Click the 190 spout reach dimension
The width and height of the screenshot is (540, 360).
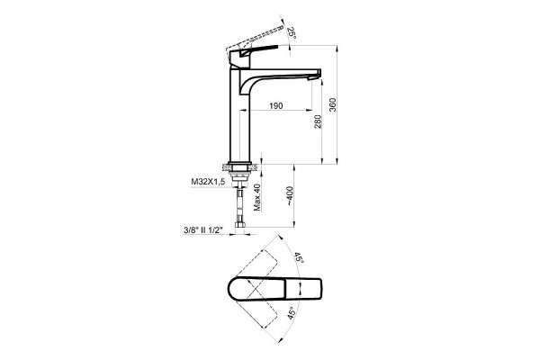(276, 106)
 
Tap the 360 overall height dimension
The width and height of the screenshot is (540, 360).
(332, 104)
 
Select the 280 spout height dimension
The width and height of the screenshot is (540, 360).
(318, 121)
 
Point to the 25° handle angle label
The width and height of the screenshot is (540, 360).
(291, 32)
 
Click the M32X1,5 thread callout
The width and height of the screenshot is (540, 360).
(208, 182)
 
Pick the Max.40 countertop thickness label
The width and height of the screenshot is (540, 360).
(256, 197)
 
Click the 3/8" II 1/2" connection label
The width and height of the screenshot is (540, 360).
(203, 230)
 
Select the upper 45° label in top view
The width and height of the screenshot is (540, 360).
(299, 258)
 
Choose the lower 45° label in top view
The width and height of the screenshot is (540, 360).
(292, 313)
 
